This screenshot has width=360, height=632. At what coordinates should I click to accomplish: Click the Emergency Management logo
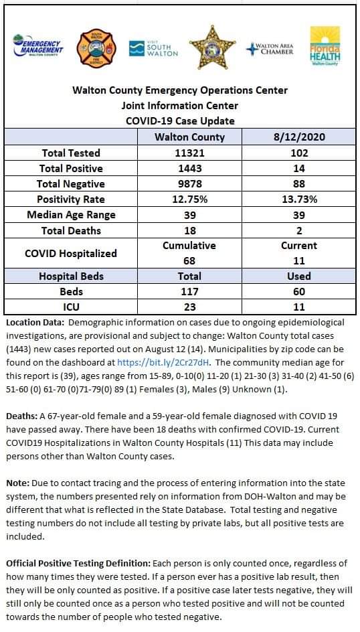point(38,46)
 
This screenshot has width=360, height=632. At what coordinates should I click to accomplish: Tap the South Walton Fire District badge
point(96,48)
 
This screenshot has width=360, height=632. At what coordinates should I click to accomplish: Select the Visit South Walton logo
point(153,48)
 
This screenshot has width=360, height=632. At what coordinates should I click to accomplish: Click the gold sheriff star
point(212,47)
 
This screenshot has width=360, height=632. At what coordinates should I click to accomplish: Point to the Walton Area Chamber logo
point(270,49)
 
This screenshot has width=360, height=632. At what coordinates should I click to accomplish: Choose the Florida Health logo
point(325,46)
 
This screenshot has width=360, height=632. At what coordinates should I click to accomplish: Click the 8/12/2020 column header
point(299,137)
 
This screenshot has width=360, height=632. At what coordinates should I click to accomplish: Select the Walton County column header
point(189,137)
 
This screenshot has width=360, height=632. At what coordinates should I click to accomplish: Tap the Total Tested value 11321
point(189,153)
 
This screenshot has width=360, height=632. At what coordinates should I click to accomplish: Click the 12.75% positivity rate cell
point(189,200)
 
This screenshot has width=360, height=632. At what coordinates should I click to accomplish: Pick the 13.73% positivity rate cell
point(299,200)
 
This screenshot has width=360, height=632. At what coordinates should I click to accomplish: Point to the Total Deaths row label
point(71,230)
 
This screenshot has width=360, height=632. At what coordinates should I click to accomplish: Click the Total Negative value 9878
point(189,184)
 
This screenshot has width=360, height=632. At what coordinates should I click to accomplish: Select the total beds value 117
point(189,291)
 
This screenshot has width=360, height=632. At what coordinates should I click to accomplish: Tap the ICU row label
point(71,307)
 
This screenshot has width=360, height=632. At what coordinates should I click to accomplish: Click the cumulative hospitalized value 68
point(189,261)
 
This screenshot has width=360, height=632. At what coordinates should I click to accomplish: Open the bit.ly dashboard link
point(163,362)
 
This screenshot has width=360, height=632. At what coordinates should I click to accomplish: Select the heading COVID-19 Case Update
point(180,121)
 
